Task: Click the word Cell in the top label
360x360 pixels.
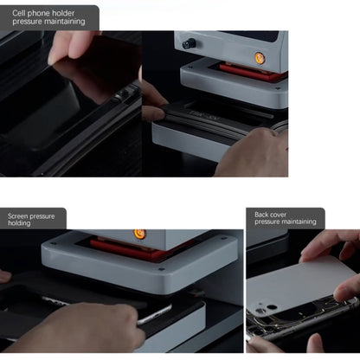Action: pos(18,13)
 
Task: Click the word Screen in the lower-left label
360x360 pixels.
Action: pos(16,216)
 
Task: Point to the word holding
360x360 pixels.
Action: pos(19,223)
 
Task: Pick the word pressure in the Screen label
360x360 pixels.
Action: pos(42,216)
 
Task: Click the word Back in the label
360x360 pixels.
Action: pos(261,215)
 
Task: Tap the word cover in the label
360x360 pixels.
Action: pos(278,215)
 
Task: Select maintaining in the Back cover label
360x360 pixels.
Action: pos(298,222)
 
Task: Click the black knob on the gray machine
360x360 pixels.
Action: pos(189,44)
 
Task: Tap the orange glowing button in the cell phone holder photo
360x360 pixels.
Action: pos(259,57)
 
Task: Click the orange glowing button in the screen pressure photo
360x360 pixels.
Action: pos(139,233)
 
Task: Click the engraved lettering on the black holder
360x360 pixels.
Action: pos(205,115)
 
